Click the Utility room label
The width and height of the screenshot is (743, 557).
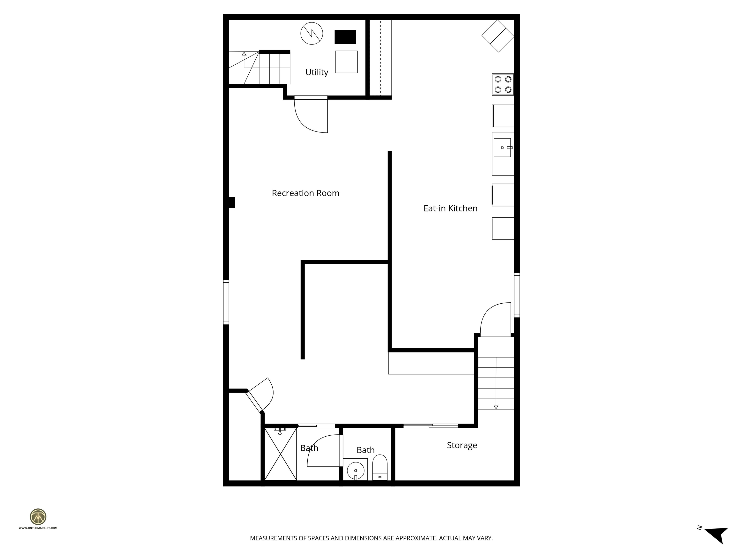pos(316,73)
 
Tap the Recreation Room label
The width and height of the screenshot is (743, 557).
pos(305,193)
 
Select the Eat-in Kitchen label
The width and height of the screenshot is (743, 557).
pos(450,208)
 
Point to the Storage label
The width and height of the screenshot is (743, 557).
pos(462,445)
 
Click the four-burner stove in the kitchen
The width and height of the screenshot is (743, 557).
pos(503,84)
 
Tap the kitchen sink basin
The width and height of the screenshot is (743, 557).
pos(502,148)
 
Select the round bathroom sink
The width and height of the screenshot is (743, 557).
pos(355,470)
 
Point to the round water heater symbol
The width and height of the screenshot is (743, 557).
pos(311,33)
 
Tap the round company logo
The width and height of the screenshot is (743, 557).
pos(38,517)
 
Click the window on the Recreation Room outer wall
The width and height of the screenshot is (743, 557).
pos(226,302)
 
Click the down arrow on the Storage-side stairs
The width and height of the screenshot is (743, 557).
pos(496,407)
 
